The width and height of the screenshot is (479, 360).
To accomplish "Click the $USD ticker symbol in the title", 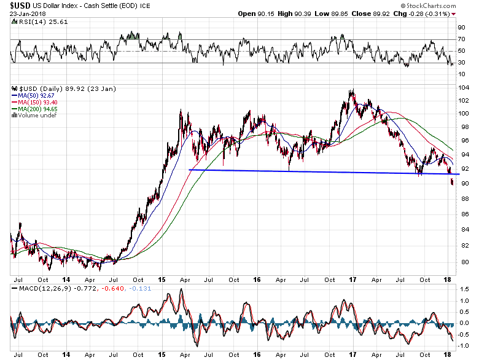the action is pyautogui.click(x=20, y=5).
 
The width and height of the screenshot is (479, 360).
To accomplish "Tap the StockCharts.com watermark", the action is pyautogui.click(x=428, y=6).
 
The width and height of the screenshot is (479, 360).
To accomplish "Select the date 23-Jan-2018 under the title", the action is pyautogui.click(x=28, y=14).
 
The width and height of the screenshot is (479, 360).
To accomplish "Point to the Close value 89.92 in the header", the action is pyautogui.click(x=380, y=14).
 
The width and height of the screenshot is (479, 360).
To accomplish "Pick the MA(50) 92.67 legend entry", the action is pyautogui.click(x=33, y=96).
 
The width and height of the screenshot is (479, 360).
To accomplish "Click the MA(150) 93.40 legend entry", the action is pyautogui.click(x=34, y=103).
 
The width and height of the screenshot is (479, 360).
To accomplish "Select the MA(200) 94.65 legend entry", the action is pyautogui.click(x=34, y=109).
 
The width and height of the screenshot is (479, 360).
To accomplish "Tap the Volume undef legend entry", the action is pyautogui.click(x=34, y=115).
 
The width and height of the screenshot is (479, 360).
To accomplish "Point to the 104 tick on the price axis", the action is pyautogui.click(x=464, y=88).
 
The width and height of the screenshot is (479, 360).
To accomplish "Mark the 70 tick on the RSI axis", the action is pyautogui.click(x=462, y=39).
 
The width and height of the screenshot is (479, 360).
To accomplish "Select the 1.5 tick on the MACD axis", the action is pyautogui.click(x=464, y=289).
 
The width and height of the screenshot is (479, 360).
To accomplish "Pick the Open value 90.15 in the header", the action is pyautogui.click(x=266, y=14).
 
